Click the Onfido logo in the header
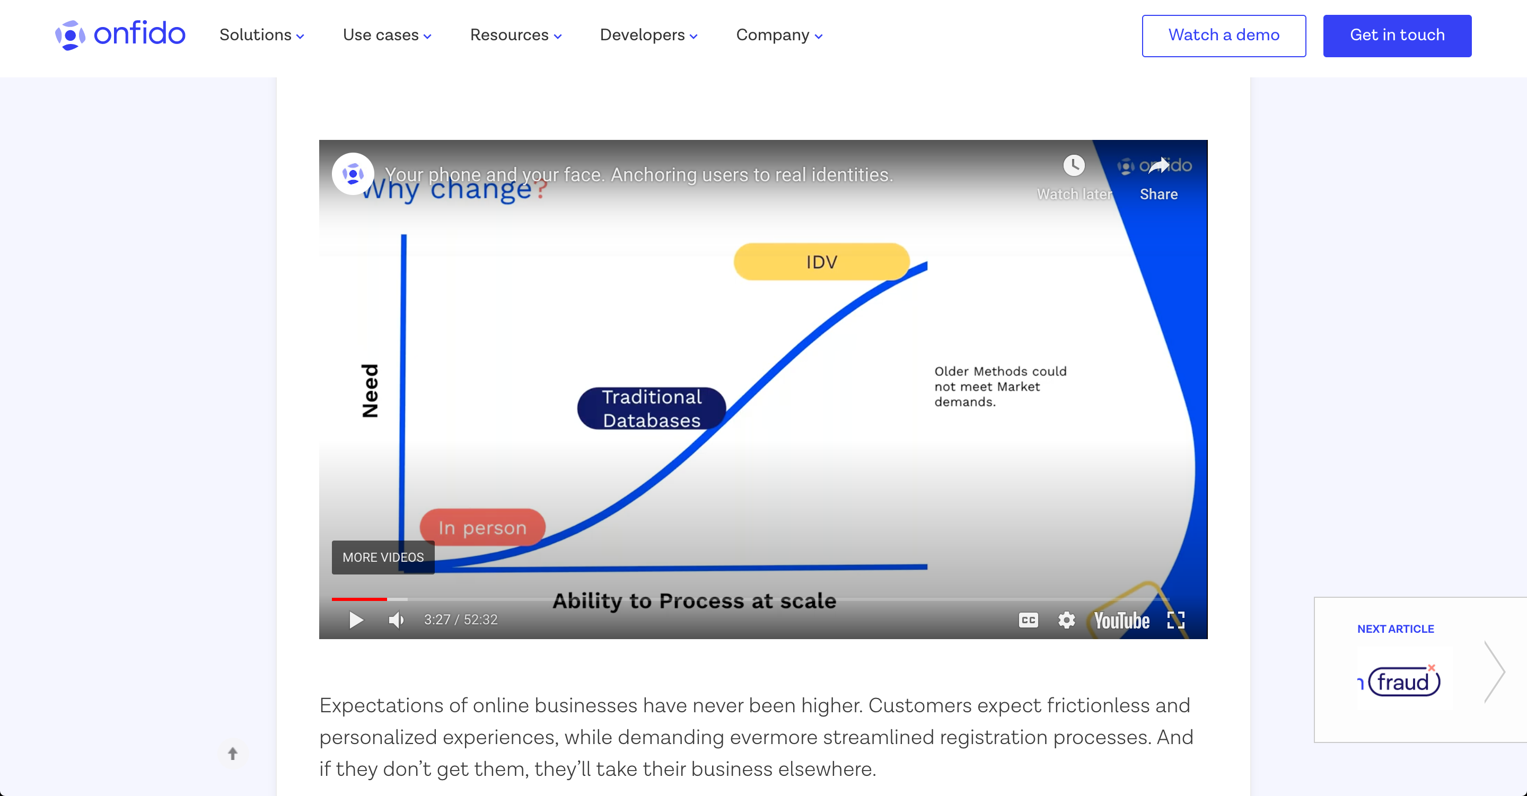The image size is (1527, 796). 120,35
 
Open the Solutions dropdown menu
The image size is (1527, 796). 261,35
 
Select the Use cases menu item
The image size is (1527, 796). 387,35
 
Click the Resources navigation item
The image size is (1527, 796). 516,35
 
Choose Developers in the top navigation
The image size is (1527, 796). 648,35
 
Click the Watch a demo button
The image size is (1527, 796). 1224,36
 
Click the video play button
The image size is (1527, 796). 356,620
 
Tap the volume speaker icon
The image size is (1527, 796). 396,620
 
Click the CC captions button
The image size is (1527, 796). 1029,620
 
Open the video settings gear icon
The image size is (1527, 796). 1066,620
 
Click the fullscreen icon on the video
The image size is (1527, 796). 1175,620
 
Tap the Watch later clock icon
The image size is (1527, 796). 1074,165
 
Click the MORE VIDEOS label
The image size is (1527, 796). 383,557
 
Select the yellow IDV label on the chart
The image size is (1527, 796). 822,261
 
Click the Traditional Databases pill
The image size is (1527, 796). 652,409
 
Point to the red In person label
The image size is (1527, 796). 482,527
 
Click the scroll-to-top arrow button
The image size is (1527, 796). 233,753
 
